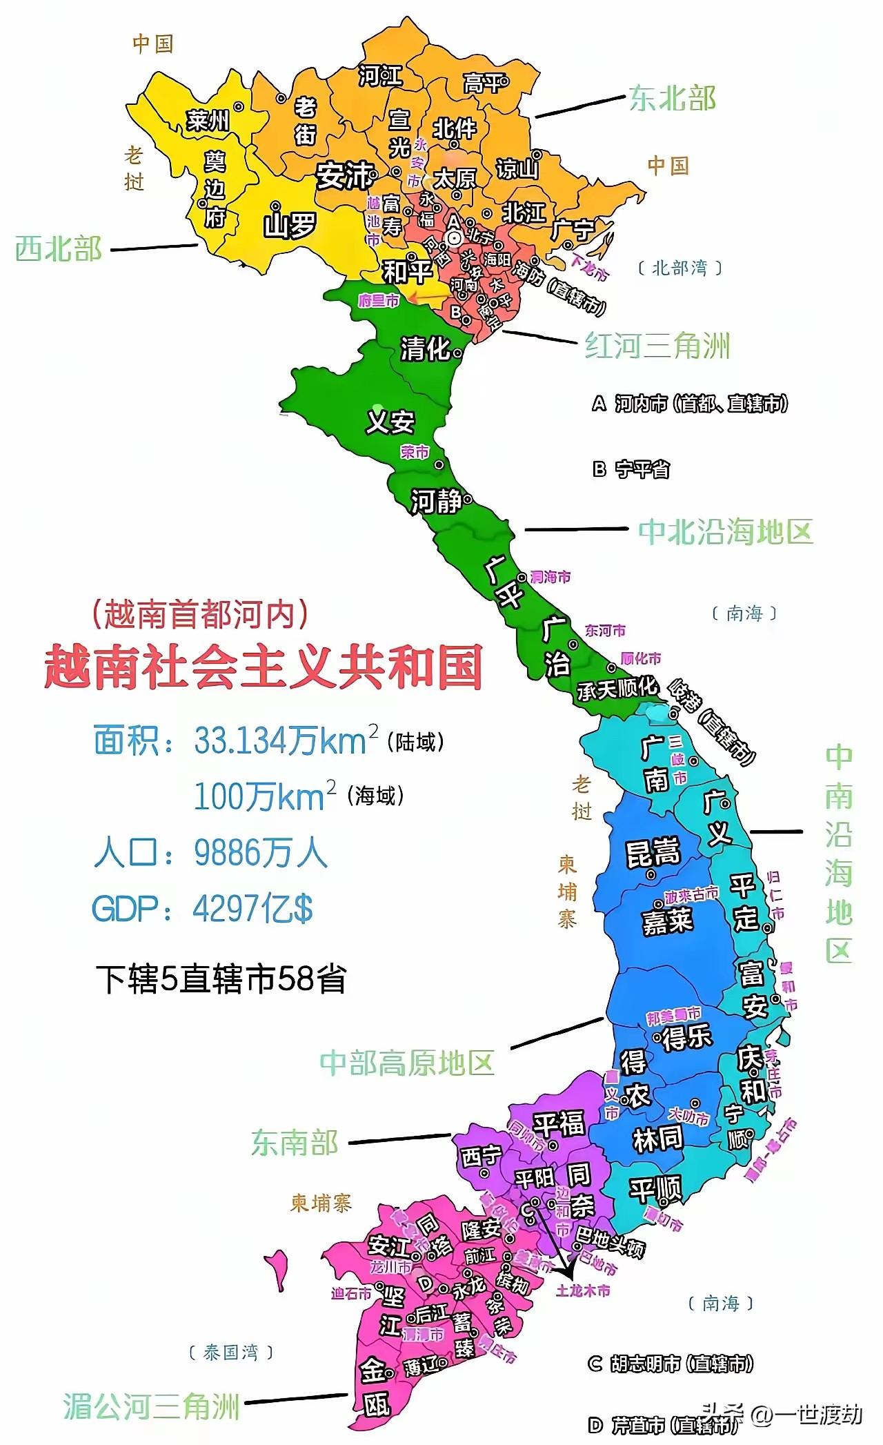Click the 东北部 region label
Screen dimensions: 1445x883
click(x=672, y=99)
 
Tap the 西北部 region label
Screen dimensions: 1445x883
click(x=59, y=248)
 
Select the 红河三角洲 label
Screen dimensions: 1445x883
click(x=657, y=346)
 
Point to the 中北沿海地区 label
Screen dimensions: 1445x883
click(x=726, y=532)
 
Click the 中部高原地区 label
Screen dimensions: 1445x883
click(x=407, y=1063)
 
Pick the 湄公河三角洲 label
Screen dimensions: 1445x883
click(x=151, y=1406)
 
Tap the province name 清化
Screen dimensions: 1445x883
click(x=425, y=349)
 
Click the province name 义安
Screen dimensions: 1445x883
click(x=390, y=422)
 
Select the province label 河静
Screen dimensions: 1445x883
click(x=436, y=501)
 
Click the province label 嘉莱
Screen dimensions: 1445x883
click(x=666, y=921)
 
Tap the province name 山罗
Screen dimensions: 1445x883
click(x=290, y=225)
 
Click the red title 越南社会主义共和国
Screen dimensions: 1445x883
click(x=263, y=667)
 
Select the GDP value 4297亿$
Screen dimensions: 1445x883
click(x=252, y=909)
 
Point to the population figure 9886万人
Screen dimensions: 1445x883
click(x=260, y=853)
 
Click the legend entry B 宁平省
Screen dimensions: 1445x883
click(x=631, y=470)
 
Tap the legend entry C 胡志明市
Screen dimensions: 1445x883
click(x=670, y=1364)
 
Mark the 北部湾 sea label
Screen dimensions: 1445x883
click(x=679, y=268)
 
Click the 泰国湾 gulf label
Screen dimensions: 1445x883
click(x=230, y=1353)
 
